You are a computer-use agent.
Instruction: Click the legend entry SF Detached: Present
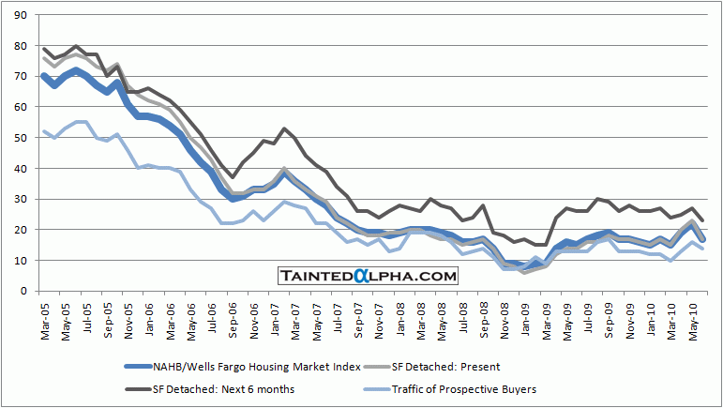pos(474,367)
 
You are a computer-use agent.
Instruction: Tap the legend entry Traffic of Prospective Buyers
pos(478,389)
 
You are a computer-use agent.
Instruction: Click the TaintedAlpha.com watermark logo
pos(369,276)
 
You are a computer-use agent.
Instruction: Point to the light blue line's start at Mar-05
pos(44,131)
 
